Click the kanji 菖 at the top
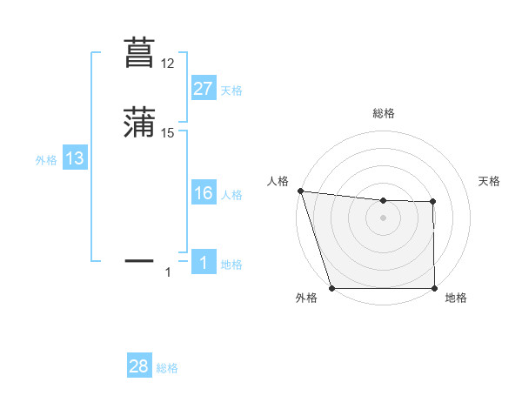point(139,52)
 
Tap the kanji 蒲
point(139,122)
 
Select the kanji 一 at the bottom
point(139,260)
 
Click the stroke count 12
point(167,64)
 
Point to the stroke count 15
point(167,133)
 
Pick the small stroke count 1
point(168,272)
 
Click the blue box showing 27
point(203,89)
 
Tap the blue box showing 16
point(203,193)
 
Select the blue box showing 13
point(74,158)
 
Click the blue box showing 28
point(138,366)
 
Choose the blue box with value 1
point(203,263)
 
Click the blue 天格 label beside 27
point(231,91)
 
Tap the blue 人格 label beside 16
point(231,195)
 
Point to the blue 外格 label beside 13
point(46,160)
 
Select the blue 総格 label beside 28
point(167,368)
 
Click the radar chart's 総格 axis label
point(384,113)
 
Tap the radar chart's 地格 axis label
point(456,298)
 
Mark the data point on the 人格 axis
point(300,191)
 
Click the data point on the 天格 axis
point(433,202)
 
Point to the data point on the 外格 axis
point(331,287)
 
